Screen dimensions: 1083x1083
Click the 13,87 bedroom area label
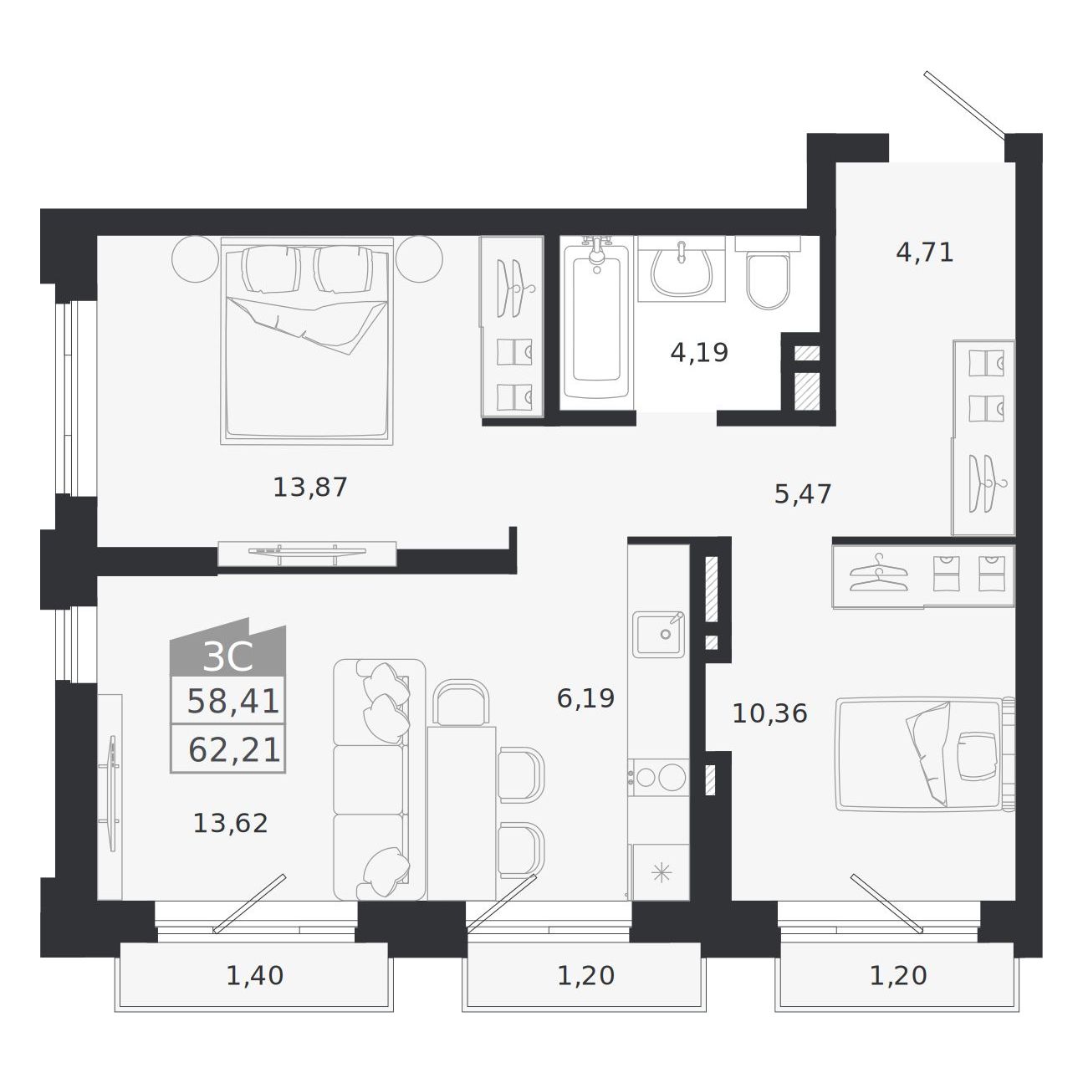[x=310, y=488]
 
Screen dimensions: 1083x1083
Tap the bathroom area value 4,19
[x=699, y=353]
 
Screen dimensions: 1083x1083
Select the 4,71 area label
[x=924, y=253]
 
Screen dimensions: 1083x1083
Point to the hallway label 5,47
[x=803, y=494]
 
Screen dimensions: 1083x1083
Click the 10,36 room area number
[x=769, y=713]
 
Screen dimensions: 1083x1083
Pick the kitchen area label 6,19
[x=585, y=698]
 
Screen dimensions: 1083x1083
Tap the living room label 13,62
[x=231, y=824]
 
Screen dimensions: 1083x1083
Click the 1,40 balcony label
[x=254, y=976]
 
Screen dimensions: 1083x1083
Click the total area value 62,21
[x=234, y=749]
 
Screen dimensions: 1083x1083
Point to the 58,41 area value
[x=232, y=702]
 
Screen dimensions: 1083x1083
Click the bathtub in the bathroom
[x=596, y=323]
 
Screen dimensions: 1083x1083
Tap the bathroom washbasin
[x=681, y=268]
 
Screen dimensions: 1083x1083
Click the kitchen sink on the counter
[x=659, y=634]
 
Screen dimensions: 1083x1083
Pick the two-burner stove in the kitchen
[x=658, y=777]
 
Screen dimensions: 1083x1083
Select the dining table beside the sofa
[x=462, y=813]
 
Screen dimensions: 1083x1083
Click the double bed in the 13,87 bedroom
[x=306, y=341]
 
